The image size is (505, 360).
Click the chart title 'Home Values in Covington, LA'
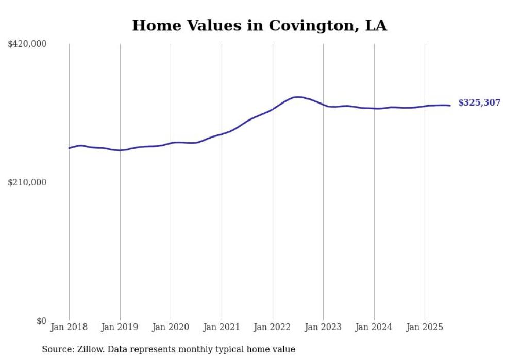point(259,25)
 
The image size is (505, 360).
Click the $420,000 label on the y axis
point(27,44)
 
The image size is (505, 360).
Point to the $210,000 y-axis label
point(27,182)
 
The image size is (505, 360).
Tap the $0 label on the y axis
point(41,321)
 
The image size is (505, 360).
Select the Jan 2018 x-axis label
point(69,327)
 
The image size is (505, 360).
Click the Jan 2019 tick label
point(120,327)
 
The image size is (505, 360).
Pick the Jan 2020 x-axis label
point(171,327)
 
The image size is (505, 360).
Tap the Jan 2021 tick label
point(222,327)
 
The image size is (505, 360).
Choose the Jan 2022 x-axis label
point(273,327)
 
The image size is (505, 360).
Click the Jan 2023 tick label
point(323,327)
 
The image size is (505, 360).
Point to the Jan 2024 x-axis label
point(374,327)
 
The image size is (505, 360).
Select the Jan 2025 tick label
point(425,327)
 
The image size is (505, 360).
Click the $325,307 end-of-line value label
point(479,103)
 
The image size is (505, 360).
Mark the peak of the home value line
point(297,97)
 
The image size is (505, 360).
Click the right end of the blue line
point(450,106)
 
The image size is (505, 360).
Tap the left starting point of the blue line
point(70,148)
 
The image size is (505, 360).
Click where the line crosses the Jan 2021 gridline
point(222,134)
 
